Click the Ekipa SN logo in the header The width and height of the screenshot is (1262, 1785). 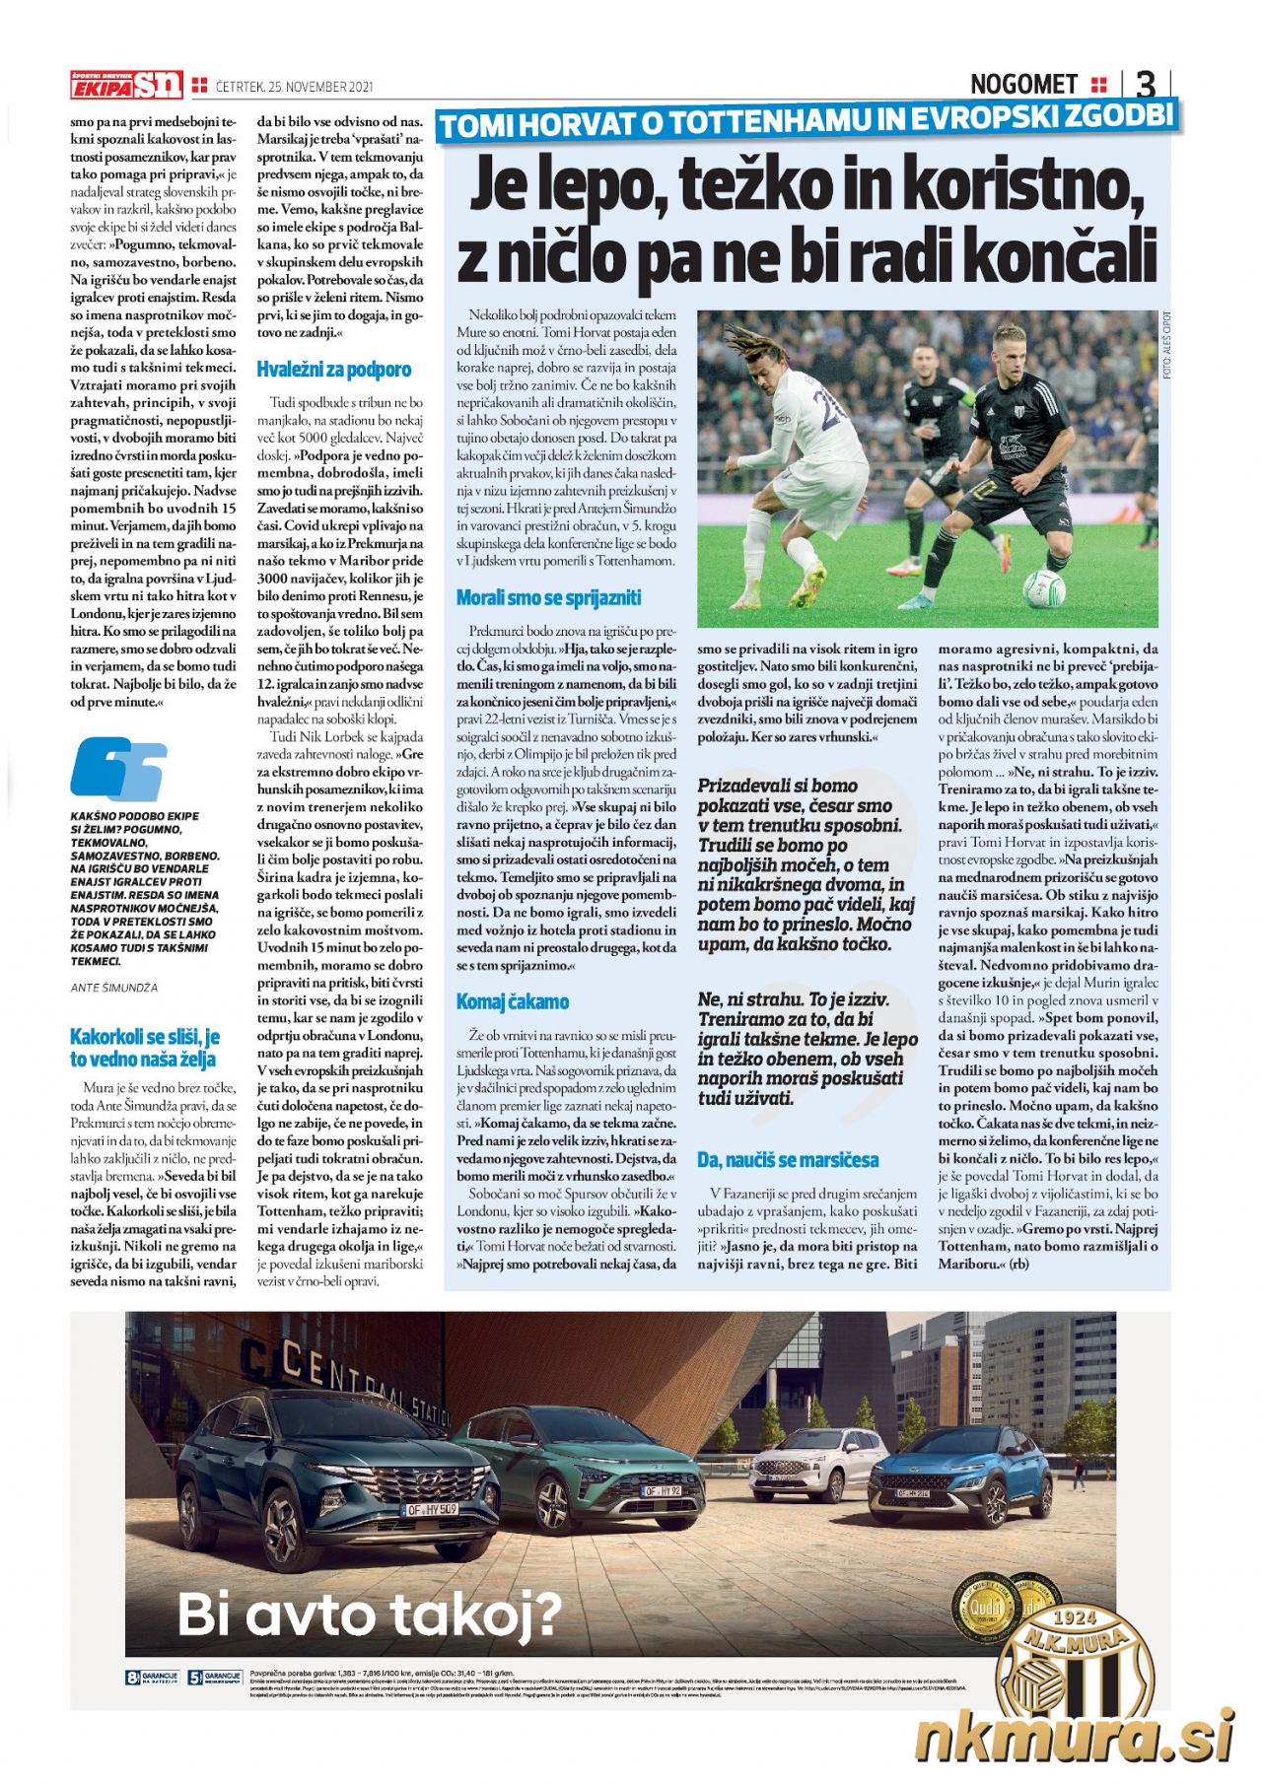point(126,86)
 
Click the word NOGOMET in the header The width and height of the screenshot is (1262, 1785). point(1024,84)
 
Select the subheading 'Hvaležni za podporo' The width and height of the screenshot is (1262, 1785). point(333,370)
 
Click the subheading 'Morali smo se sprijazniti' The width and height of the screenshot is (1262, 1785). point(548,597)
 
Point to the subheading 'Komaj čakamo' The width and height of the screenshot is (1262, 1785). point(512,1001)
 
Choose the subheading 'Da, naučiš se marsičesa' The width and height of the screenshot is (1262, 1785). point(788,1159)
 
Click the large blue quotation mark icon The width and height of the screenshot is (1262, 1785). point(117,768)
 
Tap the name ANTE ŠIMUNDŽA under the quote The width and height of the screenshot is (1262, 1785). point(113,987)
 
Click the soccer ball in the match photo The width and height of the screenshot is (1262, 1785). point(1043,587)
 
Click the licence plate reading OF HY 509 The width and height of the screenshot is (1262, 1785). point(432,1509)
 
